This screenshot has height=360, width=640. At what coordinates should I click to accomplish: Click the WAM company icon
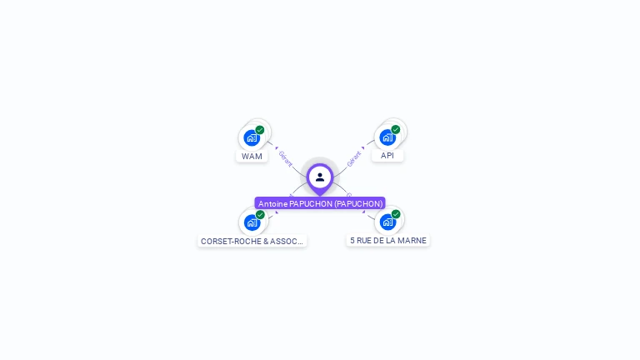252,137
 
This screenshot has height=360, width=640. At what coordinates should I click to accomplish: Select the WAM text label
252,156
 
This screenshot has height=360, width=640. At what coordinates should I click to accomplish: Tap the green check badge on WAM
260,130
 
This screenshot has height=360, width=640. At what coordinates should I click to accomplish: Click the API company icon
387,137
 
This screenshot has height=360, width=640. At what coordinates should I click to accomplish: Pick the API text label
387,155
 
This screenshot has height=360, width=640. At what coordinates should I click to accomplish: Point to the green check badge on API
396,129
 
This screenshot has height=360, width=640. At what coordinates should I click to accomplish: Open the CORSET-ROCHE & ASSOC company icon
252,222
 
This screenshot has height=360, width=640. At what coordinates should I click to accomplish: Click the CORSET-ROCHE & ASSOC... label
252,241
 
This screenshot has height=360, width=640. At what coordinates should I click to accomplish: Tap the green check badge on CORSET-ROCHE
260,215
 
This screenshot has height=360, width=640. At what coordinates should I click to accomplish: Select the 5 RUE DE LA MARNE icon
387,222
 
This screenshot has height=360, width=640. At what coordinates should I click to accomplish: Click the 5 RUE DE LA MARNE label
388,240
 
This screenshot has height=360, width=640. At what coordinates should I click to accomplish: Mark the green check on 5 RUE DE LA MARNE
396,214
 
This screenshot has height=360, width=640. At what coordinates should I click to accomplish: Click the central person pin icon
320,177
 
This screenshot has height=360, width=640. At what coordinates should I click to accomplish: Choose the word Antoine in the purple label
272,203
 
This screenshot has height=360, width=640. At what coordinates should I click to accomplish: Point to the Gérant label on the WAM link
285,157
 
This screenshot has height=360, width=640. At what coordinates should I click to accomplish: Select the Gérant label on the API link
354,157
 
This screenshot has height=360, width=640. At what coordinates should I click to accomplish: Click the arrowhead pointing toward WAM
276,147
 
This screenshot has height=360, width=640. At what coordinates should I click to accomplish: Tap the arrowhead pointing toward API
364,147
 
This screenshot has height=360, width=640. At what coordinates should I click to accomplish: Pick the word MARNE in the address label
412,240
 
